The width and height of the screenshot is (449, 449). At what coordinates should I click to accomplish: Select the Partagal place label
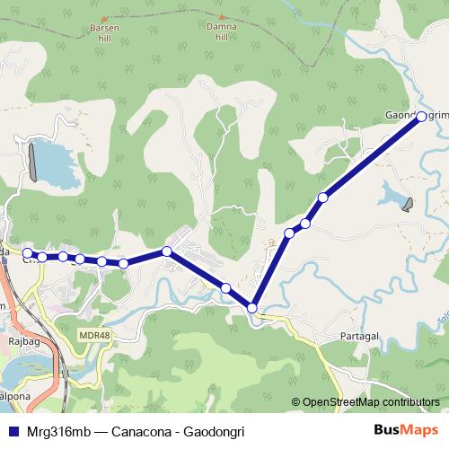pyautogui.click(x=362, y=335)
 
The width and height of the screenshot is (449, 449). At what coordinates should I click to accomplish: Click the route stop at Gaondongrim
pyautogui.click(x=421, y=116)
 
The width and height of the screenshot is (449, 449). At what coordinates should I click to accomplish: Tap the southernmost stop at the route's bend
pyautogui.click(x=252, y=308)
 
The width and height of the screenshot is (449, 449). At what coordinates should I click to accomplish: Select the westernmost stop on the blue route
pyautogui.click(x=28, y=253)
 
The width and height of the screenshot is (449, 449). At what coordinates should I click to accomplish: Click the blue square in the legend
pyautogui.click(x=13, y=429)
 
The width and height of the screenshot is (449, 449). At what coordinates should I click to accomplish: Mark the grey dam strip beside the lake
pyautogui.click(x=33, y=163)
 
